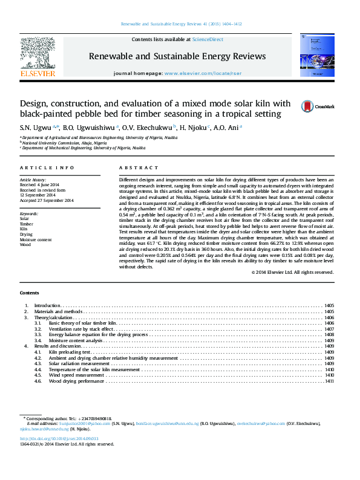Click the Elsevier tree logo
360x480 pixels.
pos(38,53)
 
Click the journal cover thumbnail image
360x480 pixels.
pos(317,55)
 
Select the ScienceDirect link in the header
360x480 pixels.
pos(207,39)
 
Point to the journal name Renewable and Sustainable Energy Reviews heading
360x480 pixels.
pos(177,56)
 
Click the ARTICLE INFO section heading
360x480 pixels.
pos(47,167)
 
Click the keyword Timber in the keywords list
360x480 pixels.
pos(27,224)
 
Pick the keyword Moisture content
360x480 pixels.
pos(36,240)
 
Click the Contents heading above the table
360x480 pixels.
pos(30,293)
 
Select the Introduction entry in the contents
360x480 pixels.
pos(48,306)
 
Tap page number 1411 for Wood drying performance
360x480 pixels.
pos(329,381)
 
